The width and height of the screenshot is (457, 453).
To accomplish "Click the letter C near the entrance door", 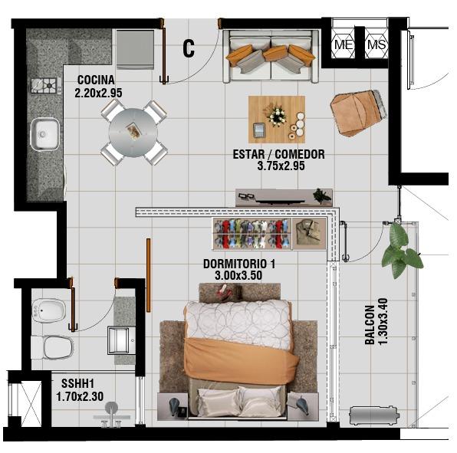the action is (x=189, y=48).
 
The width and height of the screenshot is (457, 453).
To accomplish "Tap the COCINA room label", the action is (x=96, y=80).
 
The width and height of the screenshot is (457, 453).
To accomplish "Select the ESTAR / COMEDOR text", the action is (x=278, y=154).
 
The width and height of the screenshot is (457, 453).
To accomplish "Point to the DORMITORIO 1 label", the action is (x=239, y=264).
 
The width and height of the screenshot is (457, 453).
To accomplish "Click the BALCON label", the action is (x=370, y=325).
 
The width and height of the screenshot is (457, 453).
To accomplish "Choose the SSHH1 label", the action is (x=77, y=383).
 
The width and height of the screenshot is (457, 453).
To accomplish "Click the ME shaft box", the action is (x=344, y=45).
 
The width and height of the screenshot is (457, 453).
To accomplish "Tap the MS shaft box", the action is (x=376, y=45).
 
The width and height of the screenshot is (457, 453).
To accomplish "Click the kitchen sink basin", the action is (x=45, y=134).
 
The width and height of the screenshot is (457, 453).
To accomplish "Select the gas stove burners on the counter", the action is (x=46, y=86).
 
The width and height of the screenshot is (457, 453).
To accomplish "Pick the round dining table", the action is (x=133, y=133).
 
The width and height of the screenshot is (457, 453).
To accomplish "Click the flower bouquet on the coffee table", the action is (x=277, y=116).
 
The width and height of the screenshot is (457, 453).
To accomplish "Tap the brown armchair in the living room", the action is (x=358, y=113).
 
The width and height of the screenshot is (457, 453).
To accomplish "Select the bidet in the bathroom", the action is (x=49, y=311).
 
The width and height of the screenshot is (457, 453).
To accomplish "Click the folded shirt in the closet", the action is (x=309, y=234).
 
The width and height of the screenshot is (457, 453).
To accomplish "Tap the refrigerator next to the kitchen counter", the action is (x=135, y=50).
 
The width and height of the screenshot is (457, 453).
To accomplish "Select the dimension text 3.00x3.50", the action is (x=238, y=275).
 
